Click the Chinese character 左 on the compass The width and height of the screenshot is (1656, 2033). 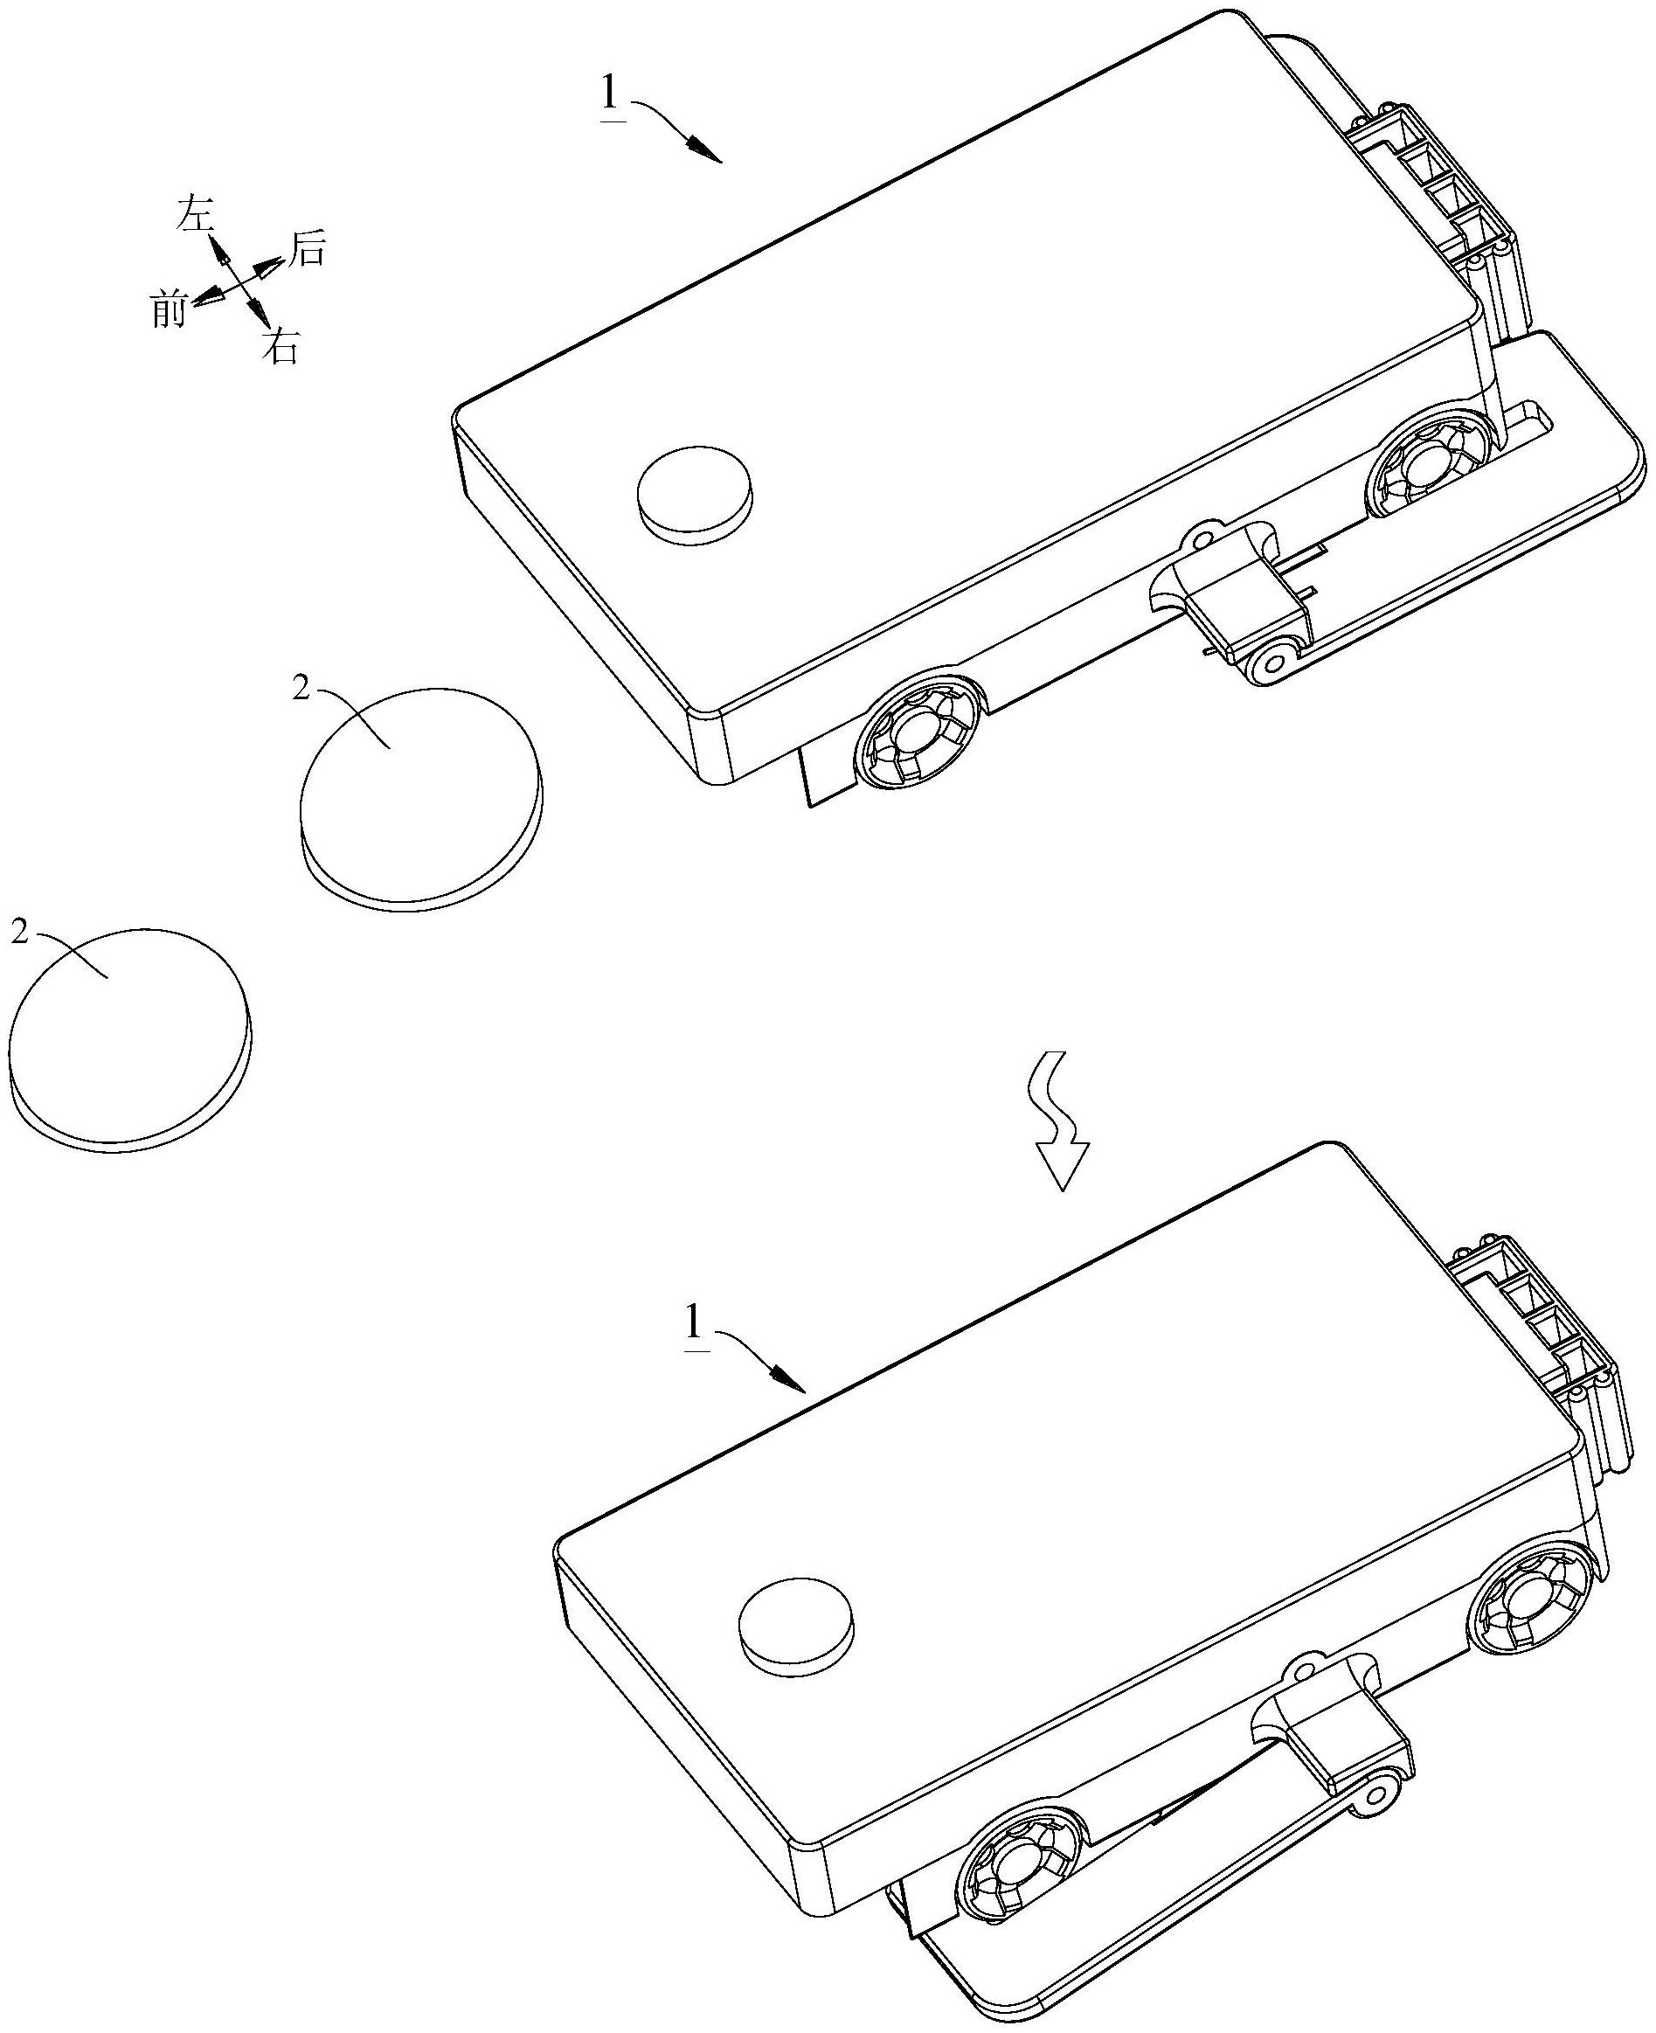tap(195, 216)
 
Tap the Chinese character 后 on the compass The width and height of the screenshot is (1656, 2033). tap(307, 249)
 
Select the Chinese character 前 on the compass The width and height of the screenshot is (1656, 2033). tap(169, 309)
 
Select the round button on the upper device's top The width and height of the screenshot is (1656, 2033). tap(694, 494)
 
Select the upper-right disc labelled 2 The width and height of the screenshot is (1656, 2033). tap(420, 796)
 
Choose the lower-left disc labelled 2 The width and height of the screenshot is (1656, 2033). tap(131, 1037)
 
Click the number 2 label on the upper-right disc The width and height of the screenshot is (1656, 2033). tap(301, 690)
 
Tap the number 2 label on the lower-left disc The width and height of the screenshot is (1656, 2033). tap(19, 932)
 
